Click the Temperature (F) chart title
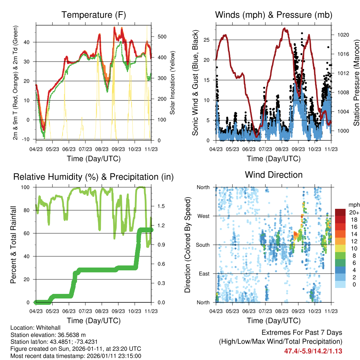tap(94, 15)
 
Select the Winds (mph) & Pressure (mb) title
tap(274, 15)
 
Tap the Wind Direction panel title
tap(274, 175)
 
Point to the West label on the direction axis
tap(203, 216)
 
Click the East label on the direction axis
tap(204, 274)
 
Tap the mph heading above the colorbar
tap(353, 205)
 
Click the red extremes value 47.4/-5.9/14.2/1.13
tap(313, 351)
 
